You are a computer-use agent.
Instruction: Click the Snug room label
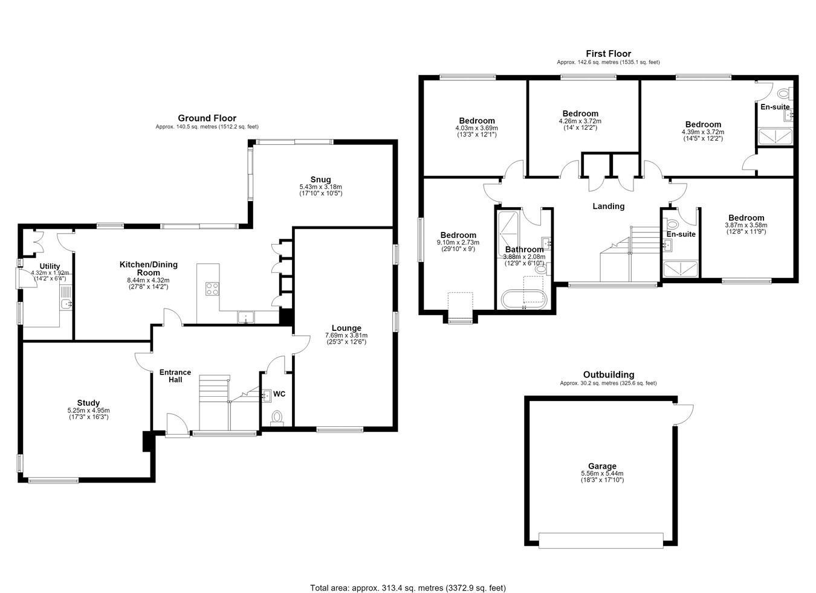pyautogui.click(x=320, y=179)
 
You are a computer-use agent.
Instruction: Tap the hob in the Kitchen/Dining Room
pyautogui.click(x=212, y=289)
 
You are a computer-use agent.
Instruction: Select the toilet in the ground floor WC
pyautogui.click(x=277, y=417)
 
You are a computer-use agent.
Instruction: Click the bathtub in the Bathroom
pyautogui.click(x=524, y=300)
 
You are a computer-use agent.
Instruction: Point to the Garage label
pyautogui.click(x=602, y=466)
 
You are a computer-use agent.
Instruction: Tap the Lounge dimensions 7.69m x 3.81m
pyautogui.click(x=346, y=335)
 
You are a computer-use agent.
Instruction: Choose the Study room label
pyautogui.click(x=88, y=403)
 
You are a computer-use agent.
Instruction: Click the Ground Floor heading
pyautogui.click(x=207, y=118)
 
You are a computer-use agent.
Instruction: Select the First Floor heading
pyautogui.click(x=608, y=54)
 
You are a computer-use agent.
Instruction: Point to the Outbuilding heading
pyautogui.click(x=609, y=374)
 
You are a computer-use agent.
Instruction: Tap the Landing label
pyautogui.click(x=608, y=207)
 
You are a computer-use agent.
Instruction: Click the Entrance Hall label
pyautogui.click(x=175, y=376)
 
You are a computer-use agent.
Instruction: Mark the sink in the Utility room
pyautogui.click(x=66, y=304)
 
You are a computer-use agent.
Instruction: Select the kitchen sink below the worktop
pyautogui.click(x=246, y=317)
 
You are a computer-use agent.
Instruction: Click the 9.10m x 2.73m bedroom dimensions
pyautogui.click(x=458, y=242)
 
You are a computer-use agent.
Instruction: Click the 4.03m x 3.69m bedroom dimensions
pyautogui.click(x=476, y=128)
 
